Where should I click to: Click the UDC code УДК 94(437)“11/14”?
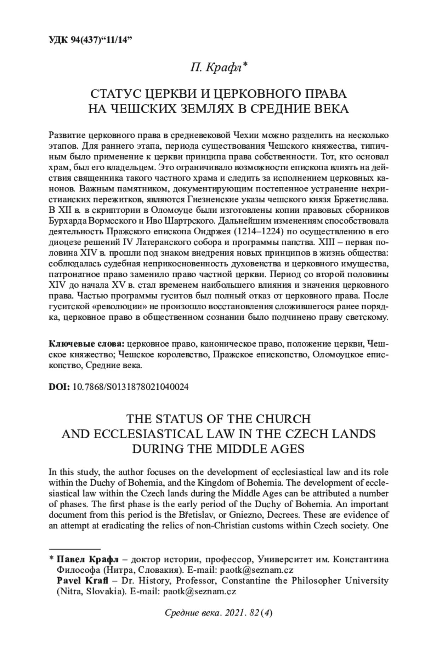point(90,40)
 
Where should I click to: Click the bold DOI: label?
point(59,387)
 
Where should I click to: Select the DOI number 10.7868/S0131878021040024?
point(130,387)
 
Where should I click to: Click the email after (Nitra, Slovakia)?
point(199,591)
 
